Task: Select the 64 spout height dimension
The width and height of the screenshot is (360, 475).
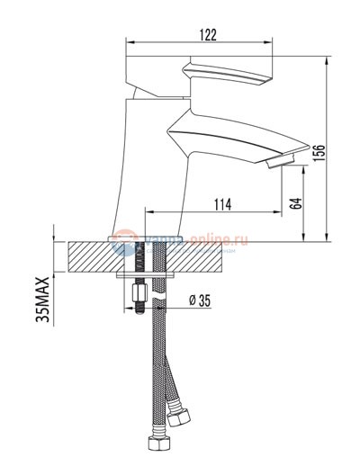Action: [x=295, y=202]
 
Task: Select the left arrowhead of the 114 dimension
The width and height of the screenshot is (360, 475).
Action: [x=149, y=213]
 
